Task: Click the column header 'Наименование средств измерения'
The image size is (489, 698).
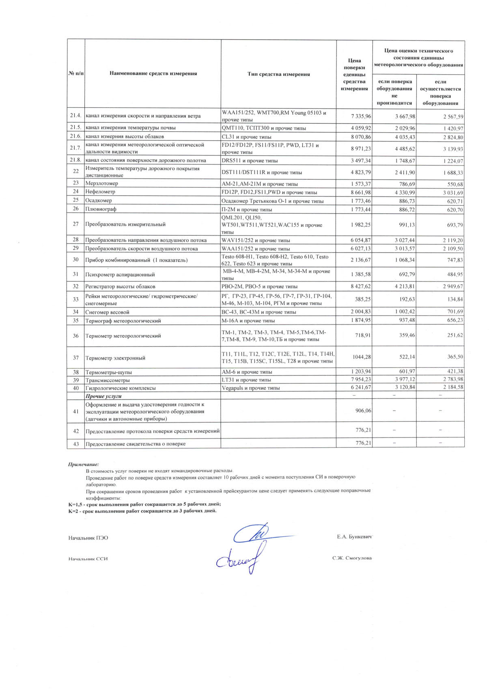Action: click(153, 74)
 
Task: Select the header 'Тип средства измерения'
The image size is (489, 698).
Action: click(278, 74)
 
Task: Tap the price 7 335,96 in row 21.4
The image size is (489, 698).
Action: click(361, 116)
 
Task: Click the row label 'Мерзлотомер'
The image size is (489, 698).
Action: click(102, 183)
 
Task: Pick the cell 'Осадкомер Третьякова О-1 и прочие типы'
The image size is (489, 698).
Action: click(273, 201)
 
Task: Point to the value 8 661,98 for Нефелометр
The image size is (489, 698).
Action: click(361, 192)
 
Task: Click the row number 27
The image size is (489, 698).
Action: click(76, 224)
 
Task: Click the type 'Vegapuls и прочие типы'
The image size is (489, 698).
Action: click(251, 388)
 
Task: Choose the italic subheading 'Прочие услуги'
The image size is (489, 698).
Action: click(103, 396)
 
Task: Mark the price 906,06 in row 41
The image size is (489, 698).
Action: click(363, 411)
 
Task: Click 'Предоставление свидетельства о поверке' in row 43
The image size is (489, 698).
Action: click(136, 444)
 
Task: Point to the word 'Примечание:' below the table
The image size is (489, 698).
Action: click(84, 464)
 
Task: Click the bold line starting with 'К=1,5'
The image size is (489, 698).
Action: click(144, 504)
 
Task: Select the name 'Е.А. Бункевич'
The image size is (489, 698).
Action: click(354, 537)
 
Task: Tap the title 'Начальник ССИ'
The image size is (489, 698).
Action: click(88, 559)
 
